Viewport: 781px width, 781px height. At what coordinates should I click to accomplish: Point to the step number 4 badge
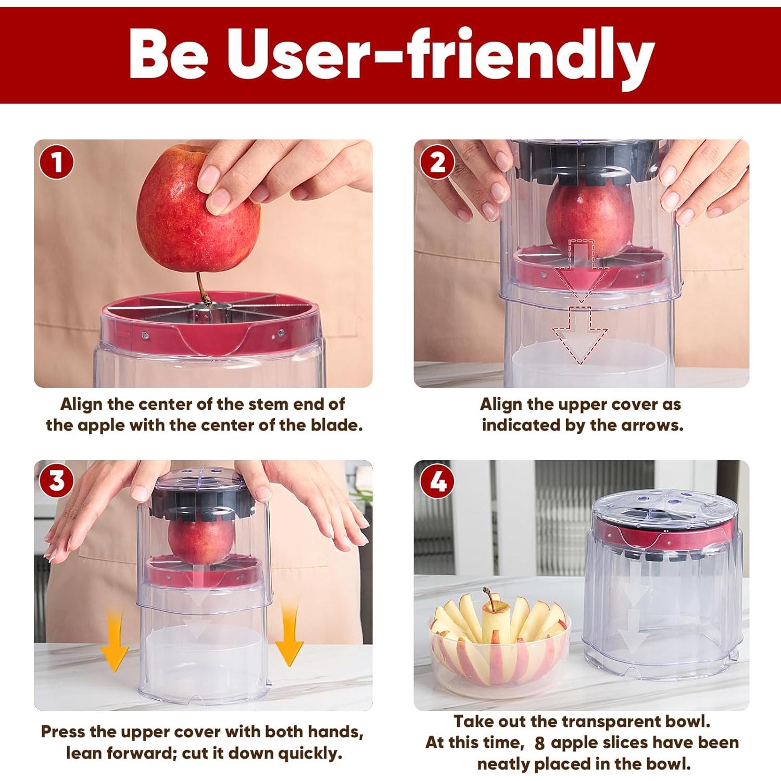437,481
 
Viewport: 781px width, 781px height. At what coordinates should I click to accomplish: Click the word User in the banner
297,55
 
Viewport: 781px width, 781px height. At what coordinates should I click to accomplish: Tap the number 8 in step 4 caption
539,743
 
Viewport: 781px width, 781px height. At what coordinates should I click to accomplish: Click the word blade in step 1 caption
336,425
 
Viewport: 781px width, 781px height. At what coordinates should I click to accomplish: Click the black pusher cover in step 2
586,161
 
